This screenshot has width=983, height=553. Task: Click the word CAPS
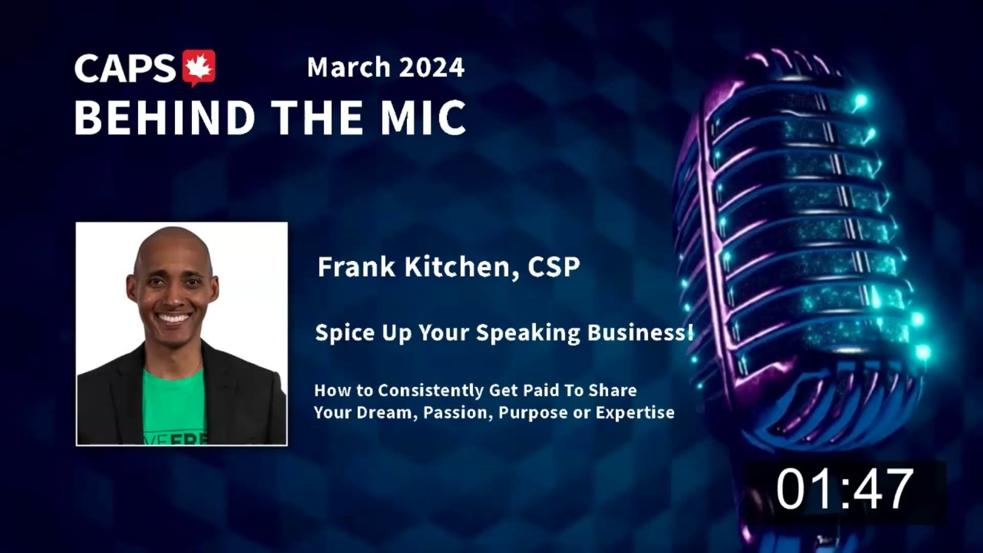[125, 69]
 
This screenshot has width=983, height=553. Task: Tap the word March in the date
[349, 68]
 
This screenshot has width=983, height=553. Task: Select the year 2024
[432, 68]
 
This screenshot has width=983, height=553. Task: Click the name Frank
[356, 266]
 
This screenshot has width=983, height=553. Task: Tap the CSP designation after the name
[554, 267]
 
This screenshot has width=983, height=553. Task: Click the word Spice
[345, 333]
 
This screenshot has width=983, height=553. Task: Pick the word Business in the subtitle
[640, 332]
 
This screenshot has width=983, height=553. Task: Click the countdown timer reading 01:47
[845, 490]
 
